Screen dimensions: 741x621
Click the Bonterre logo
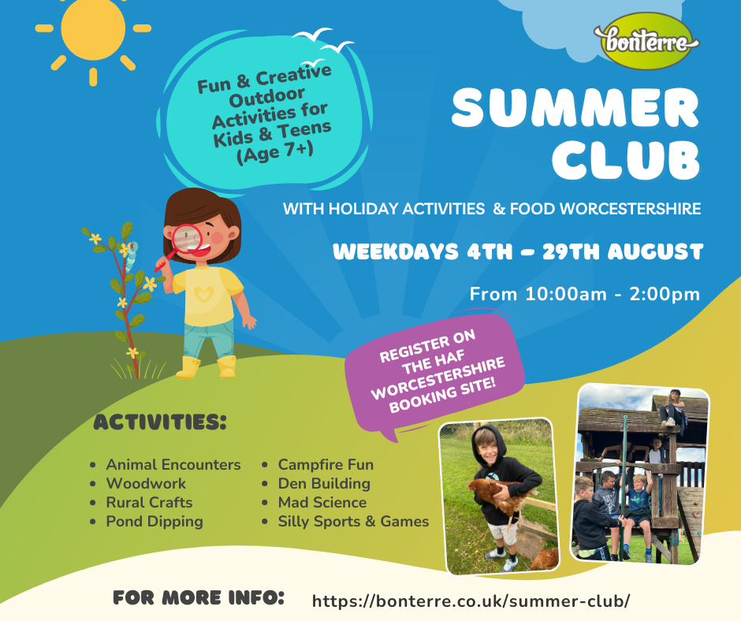[x=646, y=41]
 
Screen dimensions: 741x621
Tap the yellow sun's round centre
[x=93, y=28]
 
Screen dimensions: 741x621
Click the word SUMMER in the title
[x=575, y=108]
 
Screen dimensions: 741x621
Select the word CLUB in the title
[x=626, y=159]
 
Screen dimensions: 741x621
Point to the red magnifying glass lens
[x=186, y=240]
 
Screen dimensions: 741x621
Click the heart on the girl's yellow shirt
[x=203, y=294]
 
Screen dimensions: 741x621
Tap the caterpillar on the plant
[x=131, y=256]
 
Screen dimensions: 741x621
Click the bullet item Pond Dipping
[x=155, y=521]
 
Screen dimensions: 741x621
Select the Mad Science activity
[x=322, y=502]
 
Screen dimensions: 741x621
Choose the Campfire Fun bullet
[x=326, y=465]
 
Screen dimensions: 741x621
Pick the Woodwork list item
[x=146, y=483]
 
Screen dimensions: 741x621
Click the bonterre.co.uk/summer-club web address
[x=471, y=601]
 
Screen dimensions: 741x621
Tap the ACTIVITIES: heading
[x=160, y=422]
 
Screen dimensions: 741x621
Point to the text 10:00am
[x=566, y=294]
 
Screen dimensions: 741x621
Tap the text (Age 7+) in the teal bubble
[x=274, y=152]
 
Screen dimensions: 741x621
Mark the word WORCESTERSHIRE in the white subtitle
[x=630, y=208]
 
